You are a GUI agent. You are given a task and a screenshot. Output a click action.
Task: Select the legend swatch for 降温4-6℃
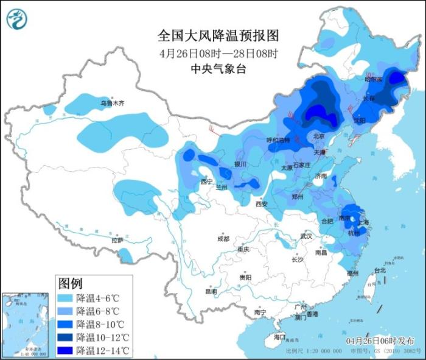(66, 298)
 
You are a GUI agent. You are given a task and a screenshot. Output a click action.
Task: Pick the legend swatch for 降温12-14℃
(66, 350)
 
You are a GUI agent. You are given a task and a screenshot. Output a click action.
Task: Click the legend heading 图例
(70, 283)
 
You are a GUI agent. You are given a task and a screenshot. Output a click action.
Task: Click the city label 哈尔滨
(373, 79)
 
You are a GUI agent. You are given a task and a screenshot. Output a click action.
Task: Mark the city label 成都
(223, 239)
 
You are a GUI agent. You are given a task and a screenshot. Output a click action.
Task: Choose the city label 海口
(279, 337)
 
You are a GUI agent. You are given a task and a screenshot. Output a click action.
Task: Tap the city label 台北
(380, 270)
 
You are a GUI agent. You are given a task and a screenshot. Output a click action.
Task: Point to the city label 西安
(261, 204)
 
